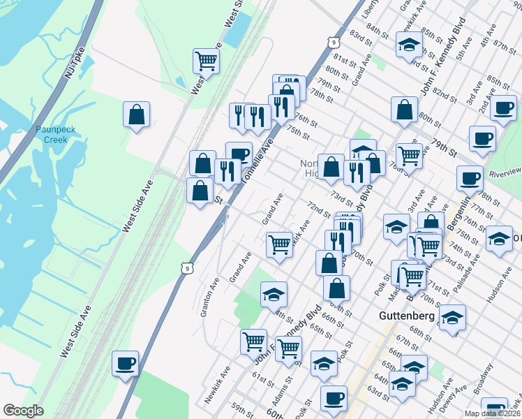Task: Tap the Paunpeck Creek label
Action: (52, 133)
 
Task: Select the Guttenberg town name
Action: (408, 316)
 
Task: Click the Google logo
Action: (23, 411)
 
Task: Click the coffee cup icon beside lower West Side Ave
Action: (126, 363)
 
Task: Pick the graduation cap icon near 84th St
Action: (409, 45)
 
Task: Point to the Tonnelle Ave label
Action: (255, 161)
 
